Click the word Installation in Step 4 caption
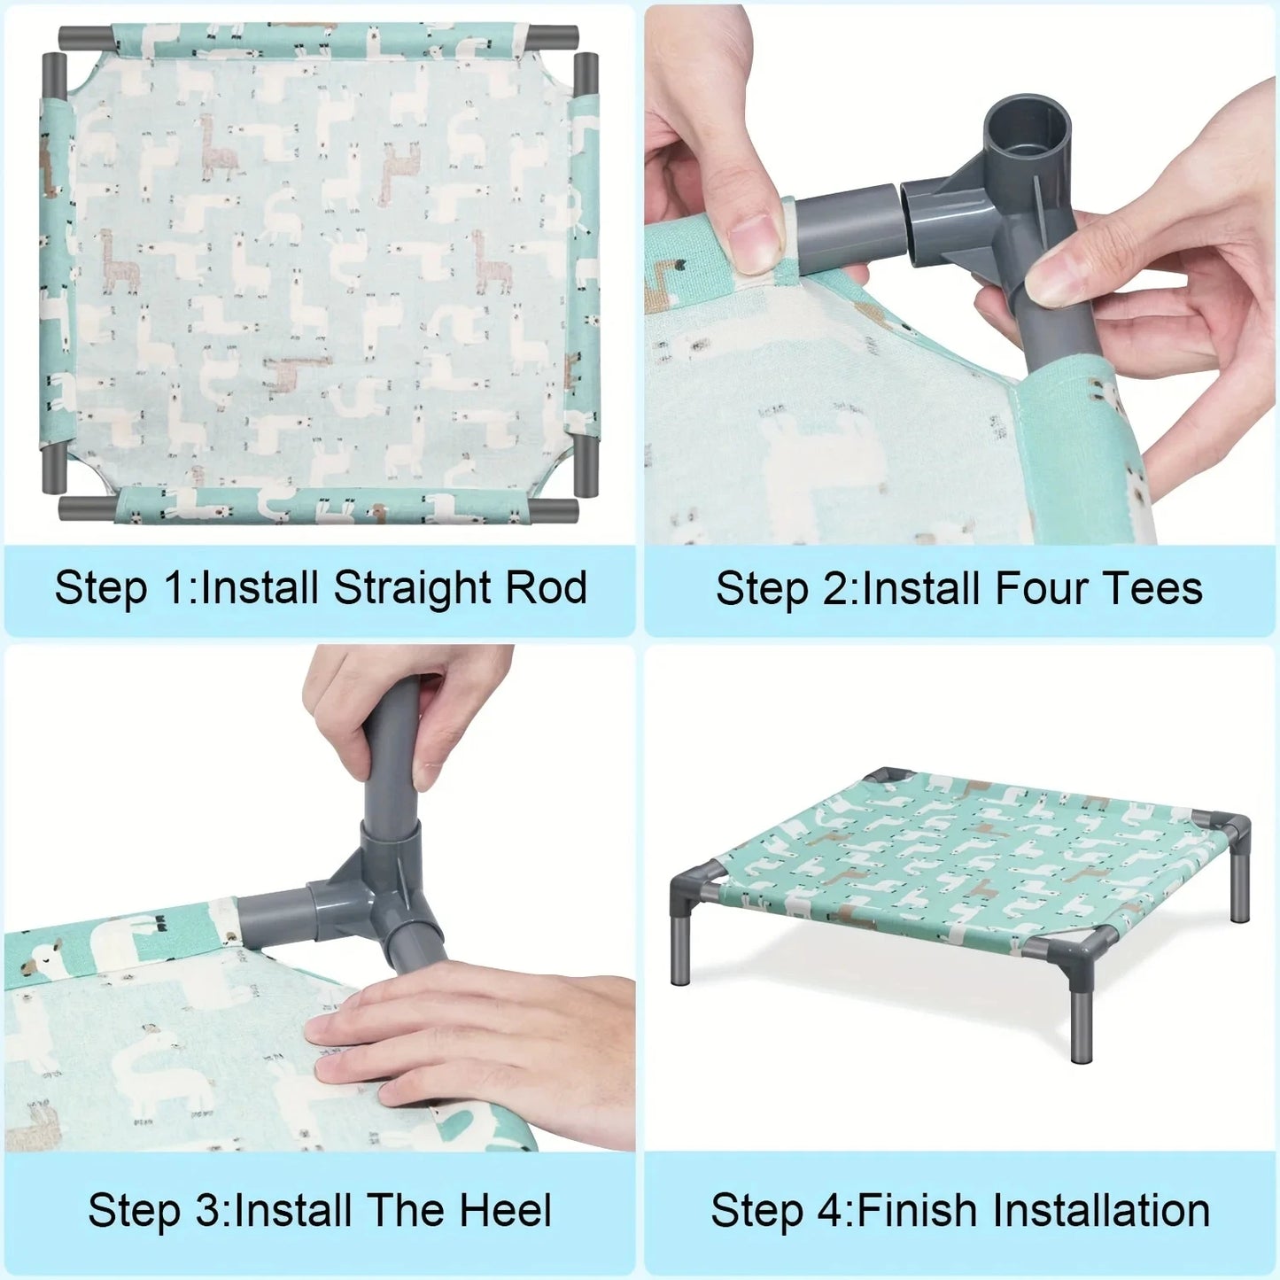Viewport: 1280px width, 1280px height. [1101, 1211]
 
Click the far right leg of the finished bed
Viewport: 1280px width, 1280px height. [1240, 895]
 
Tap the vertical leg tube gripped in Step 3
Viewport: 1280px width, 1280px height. [391, 753]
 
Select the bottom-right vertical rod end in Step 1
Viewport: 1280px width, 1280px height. [586, 464]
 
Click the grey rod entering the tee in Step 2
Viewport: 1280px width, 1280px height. [846, 226]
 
